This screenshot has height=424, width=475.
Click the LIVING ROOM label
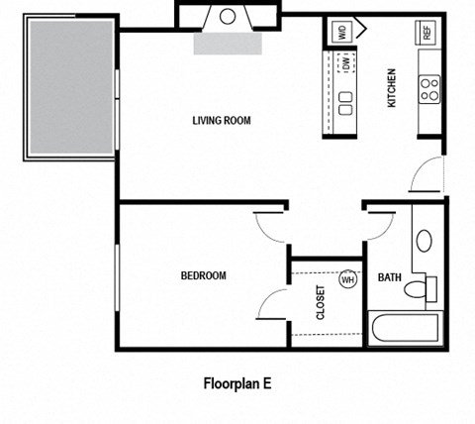[222, 121]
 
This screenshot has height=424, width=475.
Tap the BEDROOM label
[203, 276]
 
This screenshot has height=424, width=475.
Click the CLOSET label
[321, 304]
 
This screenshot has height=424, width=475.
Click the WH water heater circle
[347, 279]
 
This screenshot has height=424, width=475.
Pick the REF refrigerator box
[427, 32]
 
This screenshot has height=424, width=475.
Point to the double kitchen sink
[347, 102]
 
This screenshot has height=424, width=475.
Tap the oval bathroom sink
[424, 241]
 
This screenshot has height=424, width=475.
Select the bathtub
[406, 327]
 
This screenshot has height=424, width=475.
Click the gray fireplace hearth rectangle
[228, 43]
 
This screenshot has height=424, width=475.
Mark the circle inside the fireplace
[228, 16]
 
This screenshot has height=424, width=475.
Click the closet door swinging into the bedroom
[272, 304]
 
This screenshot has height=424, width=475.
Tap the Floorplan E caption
[237, 383]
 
